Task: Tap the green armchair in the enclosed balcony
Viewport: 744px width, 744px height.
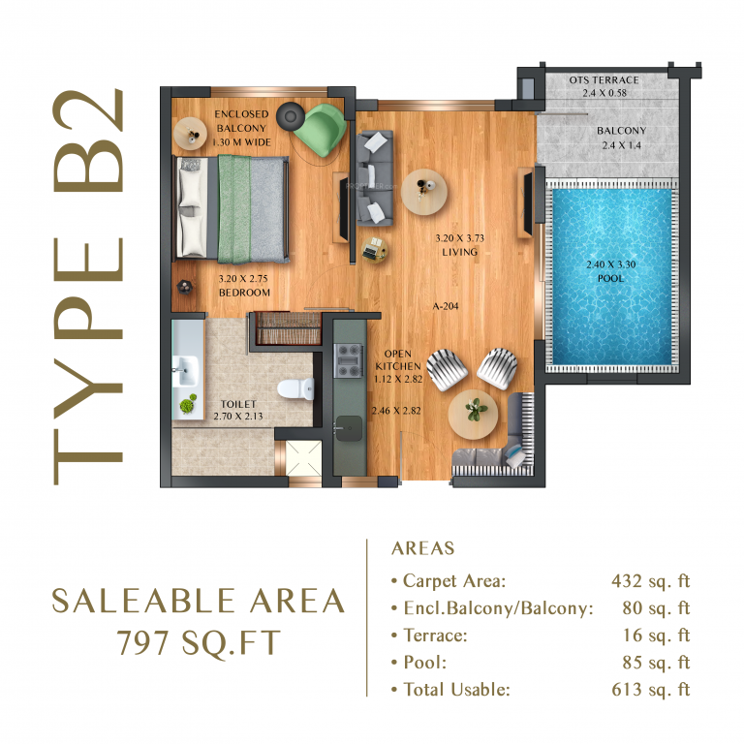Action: (318, 129)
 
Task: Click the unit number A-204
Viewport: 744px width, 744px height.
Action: (446, 306)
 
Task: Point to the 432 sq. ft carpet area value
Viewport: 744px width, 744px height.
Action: (650, 581)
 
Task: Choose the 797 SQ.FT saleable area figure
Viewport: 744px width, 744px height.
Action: (198, 642)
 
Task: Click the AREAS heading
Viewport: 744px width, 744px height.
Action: (422, 549)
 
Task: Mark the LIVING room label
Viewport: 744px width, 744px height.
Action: (456, 252)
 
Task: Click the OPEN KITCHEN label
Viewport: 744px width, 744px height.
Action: (401, 360)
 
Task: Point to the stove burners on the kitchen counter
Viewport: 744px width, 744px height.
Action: (347, 359)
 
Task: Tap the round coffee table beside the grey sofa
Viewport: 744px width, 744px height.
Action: (423, 189)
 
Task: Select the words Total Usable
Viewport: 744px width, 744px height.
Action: (456, 690)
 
